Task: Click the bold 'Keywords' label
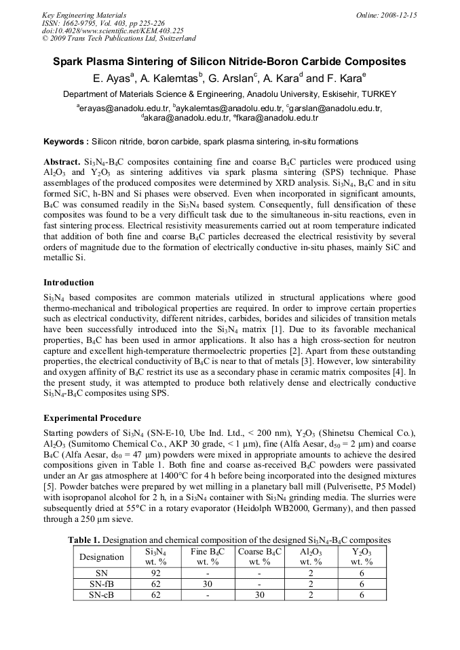(66, 142)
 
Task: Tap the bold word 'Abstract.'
(61, 163)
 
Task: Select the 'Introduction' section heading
(69, 282)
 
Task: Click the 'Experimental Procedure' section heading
(92, 418)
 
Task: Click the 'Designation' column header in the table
(102, 557)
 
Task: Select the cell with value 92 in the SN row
(156, 573)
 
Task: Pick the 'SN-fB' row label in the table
(102, 584)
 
